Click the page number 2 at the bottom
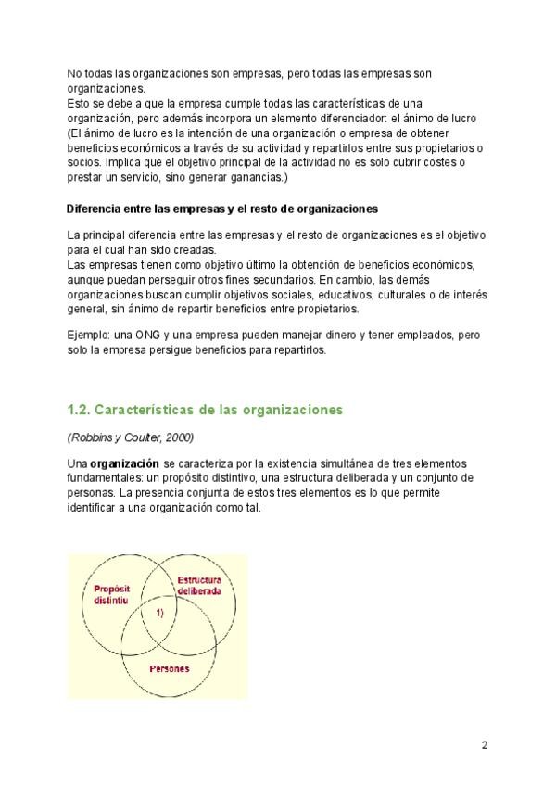pyautogui.click(x=484, y=744)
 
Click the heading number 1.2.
pyautogui.click(x=79, y=409)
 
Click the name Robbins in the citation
pyautogui.click(x=91, y=436)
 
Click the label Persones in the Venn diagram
pyautogui.click(x=169, y=667)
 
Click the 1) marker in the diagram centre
pyautogui.click(x=158, y=614)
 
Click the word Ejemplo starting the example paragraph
pyautogui.click(x=91, y=335)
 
